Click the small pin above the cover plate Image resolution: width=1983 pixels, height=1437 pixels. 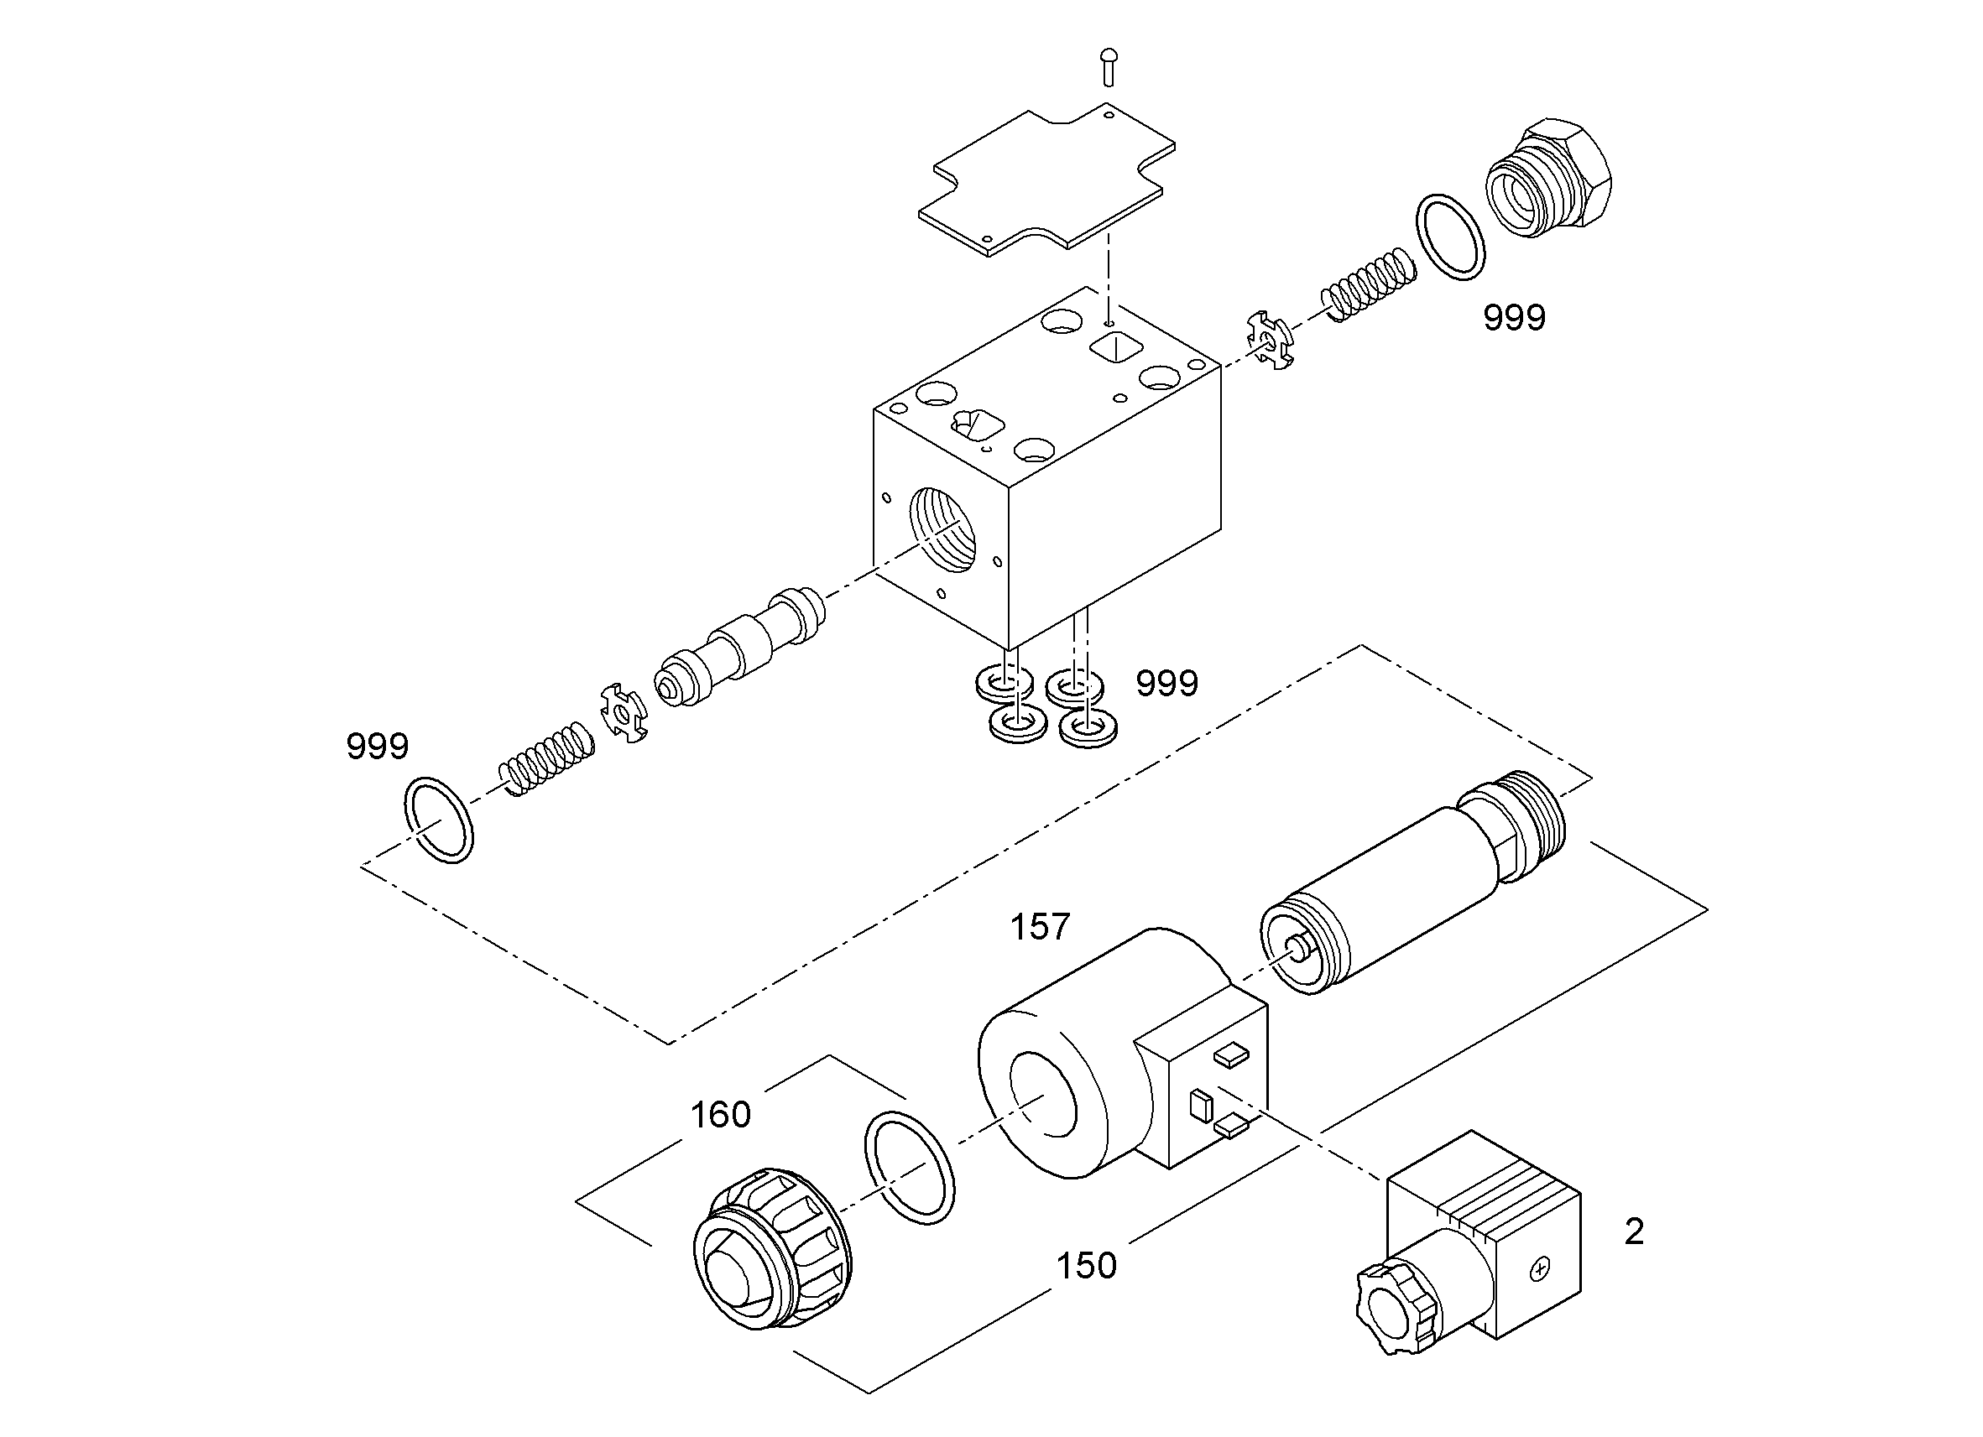pos(1108,67)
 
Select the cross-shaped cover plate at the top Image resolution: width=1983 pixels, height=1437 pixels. pos(1046,181)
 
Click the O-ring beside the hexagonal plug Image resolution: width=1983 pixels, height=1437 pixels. pos(1450,237)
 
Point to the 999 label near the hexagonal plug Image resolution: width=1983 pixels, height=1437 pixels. pos(1515,317)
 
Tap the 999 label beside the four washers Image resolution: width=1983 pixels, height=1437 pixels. pos(1167,684)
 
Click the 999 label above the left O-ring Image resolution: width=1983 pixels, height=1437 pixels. pos(378,747)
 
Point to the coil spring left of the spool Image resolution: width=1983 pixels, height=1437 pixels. pos(545,758)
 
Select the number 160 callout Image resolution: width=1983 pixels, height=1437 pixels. pos(721,1116)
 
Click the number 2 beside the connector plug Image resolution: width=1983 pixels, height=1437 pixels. pos(1633,1232)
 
